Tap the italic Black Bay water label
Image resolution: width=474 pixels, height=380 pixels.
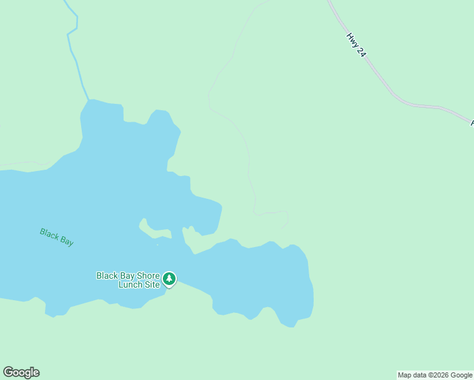pos(56,237)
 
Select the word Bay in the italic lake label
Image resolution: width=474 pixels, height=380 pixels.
pos(66,241)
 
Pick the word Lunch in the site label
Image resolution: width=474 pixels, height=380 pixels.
pos(131,284)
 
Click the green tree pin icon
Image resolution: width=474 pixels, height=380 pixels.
pos(169,278)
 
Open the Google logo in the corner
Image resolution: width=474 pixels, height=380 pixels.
pos(21,372)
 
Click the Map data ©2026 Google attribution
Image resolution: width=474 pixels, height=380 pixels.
pos(435,375)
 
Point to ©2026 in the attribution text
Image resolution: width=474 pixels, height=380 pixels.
pos(439,375)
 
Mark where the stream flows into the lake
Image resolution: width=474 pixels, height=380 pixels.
pos(89,99)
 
